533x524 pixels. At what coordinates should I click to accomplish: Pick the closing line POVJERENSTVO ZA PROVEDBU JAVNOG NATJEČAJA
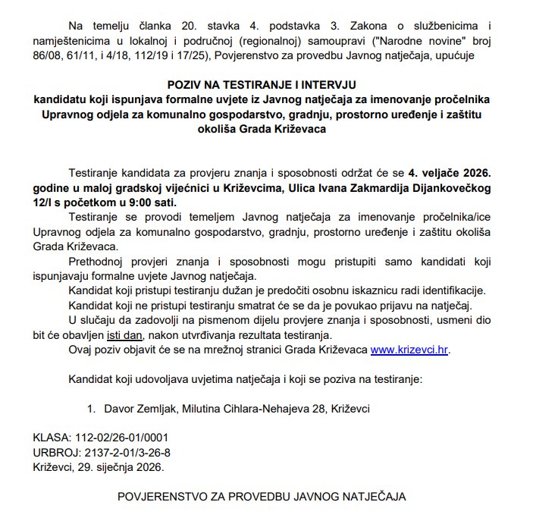(x=261, y=497)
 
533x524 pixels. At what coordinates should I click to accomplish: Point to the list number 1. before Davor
(x=91, y=409)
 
